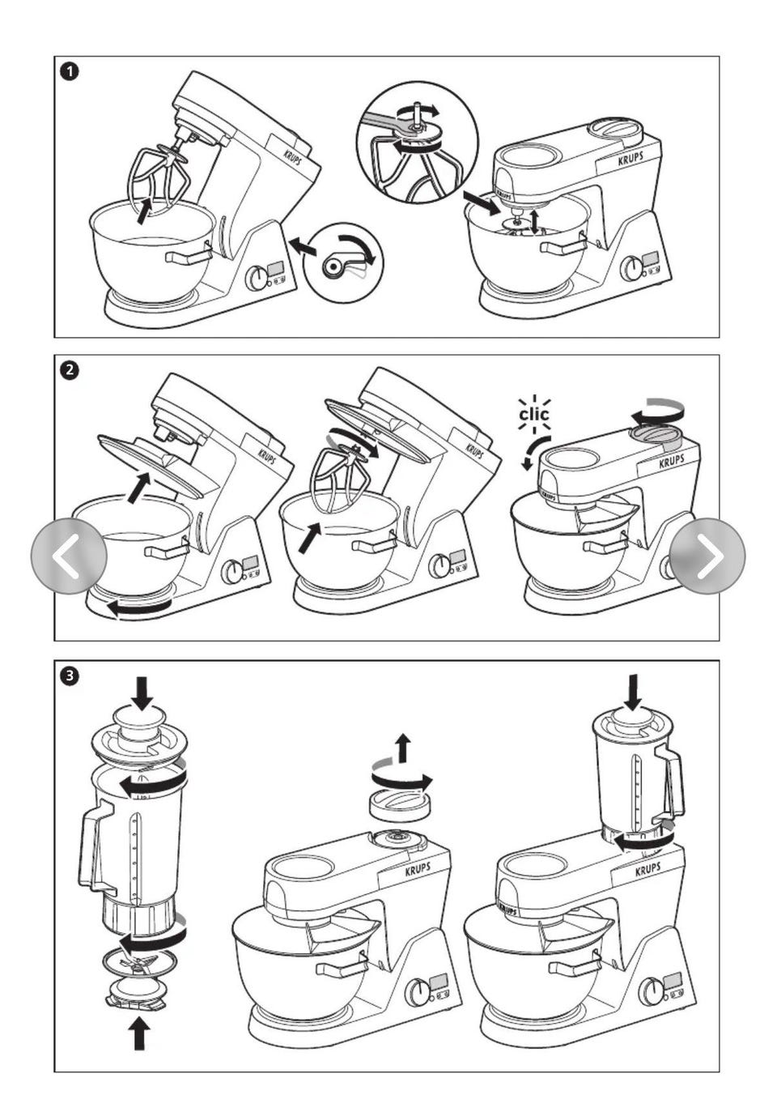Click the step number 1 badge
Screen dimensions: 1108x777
pyautogui.click(x=70, y=72)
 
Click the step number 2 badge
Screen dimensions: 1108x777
pyautogui.click(x=70, y=370)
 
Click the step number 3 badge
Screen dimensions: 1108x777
pyautogui.click(x=70, y=675)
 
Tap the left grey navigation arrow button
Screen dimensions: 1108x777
pyautogui.click(x=68, y=556)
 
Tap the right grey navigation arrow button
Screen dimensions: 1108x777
pyautogui.click(x=707, y=556)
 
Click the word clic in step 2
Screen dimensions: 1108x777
pyautogui.click(x=533, y=415)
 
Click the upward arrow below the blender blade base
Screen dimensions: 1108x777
pyautogui.click(x=139, y=1033)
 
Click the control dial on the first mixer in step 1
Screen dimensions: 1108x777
pyautogui.click(x=257, y=279)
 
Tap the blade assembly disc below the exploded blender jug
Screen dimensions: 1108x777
pyautogui.click(x=139, y=962)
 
